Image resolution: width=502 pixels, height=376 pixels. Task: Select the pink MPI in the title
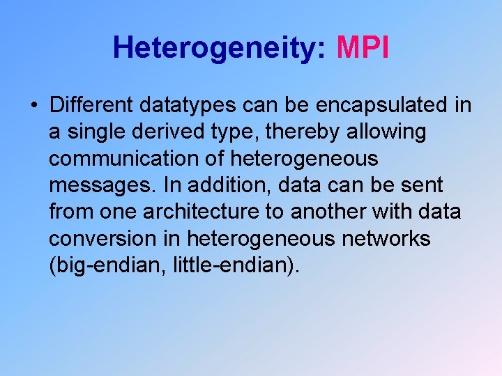pyautogui.click(x=363, y=48)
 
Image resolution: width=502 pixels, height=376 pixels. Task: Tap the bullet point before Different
pyautogui.click(x=33, y=106)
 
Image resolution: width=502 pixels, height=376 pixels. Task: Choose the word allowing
pyautogui.click(x=390, y=132)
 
